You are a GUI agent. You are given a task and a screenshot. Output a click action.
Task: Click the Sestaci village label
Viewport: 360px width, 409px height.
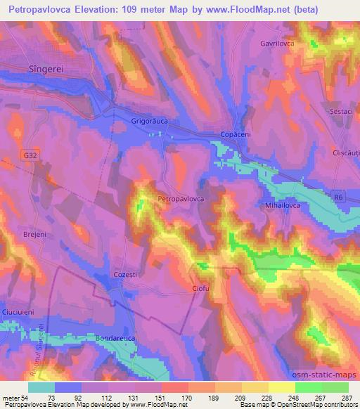339,111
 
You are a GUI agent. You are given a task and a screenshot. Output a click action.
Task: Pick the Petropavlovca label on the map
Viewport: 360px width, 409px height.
181,200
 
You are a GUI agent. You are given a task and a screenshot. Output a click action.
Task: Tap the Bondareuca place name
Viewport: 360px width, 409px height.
116,339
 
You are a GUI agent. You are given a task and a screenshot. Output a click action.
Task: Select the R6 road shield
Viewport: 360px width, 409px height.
338,199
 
